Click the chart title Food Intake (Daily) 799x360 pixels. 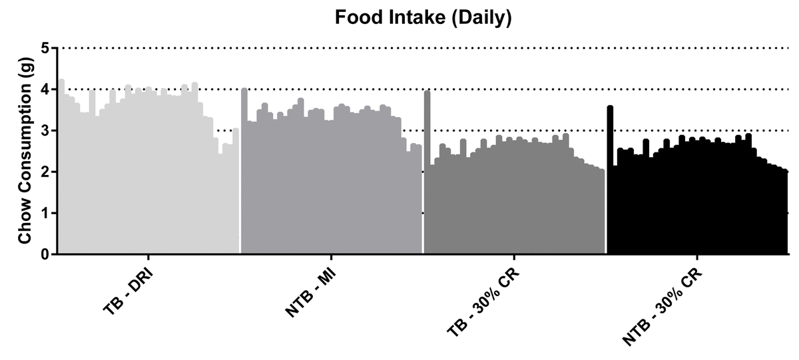point(423,18)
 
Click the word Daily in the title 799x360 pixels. point(479,18)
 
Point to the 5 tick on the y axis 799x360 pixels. point(45,48)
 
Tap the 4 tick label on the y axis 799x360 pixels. point(45,89)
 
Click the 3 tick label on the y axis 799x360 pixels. point(45,130)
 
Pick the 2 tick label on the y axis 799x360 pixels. point(45,172)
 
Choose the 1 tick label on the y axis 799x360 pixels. point(45,213)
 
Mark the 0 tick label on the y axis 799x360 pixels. point(45,254)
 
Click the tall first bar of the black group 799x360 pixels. point(610,180)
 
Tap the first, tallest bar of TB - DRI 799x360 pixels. point(61,166)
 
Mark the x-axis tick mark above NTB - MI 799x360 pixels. point(331,257)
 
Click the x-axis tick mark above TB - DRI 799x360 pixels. point(148,257)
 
